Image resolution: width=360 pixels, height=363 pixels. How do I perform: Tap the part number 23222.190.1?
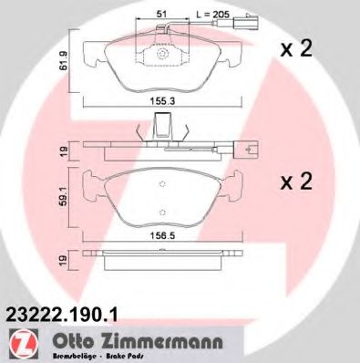click(62, 312)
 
